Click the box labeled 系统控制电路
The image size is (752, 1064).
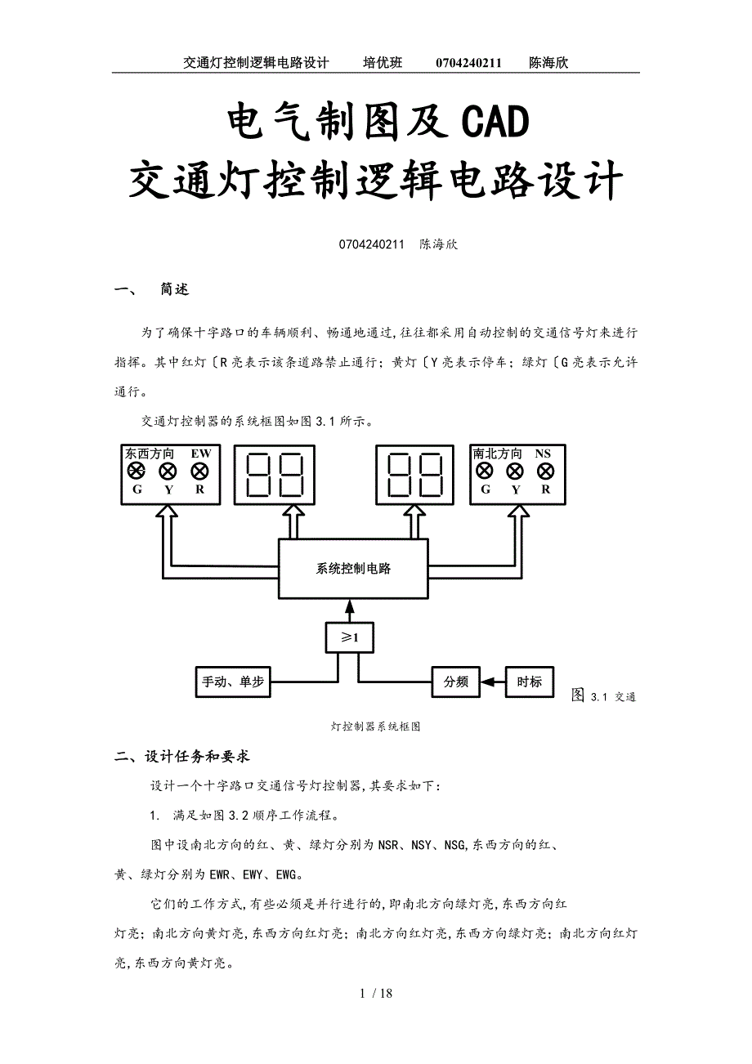[353, 569]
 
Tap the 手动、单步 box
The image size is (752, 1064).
[234, 681]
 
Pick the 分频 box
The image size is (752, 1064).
[456, 681]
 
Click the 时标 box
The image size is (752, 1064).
[530, 681]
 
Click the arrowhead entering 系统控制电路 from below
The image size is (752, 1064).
[350, 606]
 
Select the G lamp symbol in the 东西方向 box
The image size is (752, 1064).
[137, 472]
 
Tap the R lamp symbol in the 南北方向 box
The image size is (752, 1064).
[545, 472]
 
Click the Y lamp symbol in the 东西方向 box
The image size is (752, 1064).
[168, 472]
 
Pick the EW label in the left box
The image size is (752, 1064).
[200, 454]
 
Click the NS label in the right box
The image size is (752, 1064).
[543, 454]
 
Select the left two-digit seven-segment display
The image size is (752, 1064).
[275, 475]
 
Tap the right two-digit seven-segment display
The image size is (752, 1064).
[415, 475]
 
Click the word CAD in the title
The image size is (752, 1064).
[495, 123]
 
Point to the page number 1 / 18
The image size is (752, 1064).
[376, 994]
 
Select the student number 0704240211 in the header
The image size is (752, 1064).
[468, 63]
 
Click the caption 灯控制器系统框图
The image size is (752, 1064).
[376, 726]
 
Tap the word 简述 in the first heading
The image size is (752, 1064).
[175, 289]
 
